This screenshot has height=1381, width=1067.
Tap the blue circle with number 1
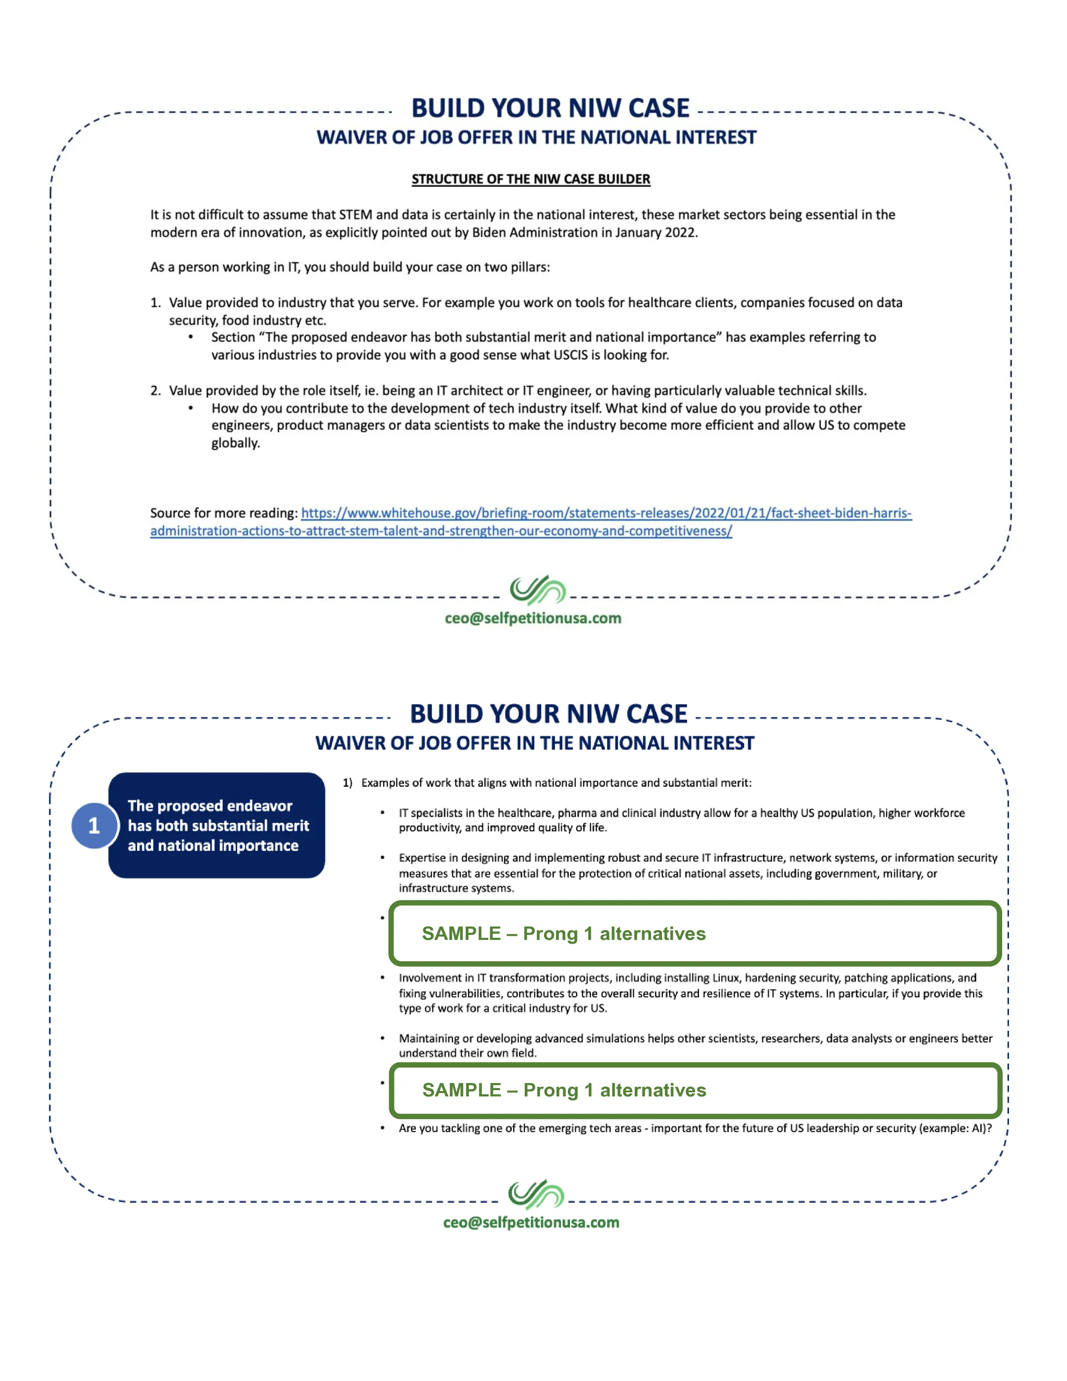click(94, 825)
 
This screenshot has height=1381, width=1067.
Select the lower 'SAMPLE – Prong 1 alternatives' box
click(695, 1090)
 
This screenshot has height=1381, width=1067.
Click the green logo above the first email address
click(537, 590)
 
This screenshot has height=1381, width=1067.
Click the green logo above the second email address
click(536, 1194)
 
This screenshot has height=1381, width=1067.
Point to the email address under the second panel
click(531, 1222)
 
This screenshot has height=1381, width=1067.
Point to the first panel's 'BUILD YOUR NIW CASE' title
click(550, 108)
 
